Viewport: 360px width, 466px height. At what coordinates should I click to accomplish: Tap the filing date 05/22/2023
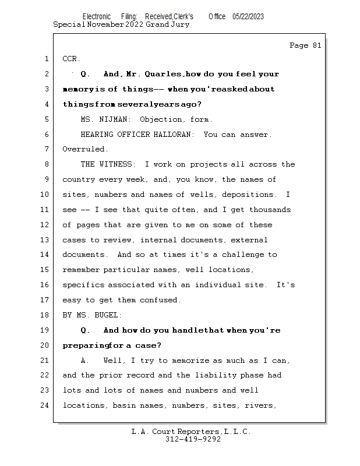[x=248, y=17]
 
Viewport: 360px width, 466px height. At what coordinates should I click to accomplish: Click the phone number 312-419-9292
[x=193, y=440]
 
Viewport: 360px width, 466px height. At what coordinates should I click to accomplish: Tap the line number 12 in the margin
[x=45, y=225]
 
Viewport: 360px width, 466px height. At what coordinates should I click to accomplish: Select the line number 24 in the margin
[x=45, y=405]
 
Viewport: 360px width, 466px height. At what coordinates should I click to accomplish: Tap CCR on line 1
[x=70, y=59]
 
